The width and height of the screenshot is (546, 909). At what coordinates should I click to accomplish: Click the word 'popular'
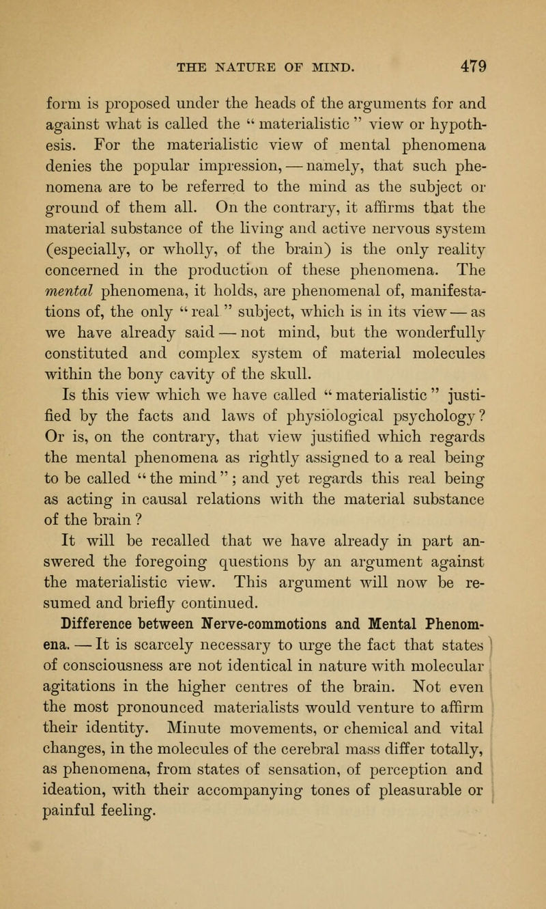click(x=176, y=152)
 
